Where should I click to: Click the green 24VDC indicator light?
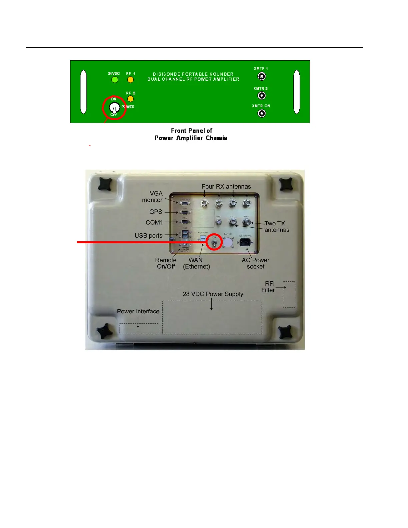coord(115,80)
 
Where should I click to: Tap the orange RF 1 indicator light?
coord(130,80)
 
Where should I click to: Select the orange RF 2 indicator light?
coord(130,99)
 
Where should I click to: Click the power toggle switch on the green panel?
coord(114,108)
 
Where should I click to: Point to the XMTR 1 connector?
coord(262,77)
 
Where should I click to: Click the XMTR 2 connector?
coord(262,96)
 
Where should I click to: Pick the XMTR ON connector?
coord(262,114)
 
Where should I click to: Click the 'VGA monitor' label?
coord(153,197)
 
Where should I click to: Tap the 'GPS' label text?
coord(156,212)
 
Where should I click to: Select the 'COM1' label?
coord(154,222)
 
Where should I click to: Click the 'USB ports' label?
coord(148,235)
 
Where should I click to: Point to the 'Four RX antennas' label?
coord(226,187)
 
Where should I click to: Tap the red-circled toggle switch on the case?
coord(214,242)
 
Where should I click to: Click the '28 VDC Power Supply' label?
coord(213,294)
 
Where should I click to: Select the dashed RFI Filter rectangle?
coord(289,294)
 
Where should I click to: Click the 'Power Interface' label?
coord(138,311)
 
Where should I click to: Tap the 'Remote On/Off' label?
coord(166,263)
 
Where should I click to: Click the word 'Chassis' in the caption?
coord(216,138)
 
